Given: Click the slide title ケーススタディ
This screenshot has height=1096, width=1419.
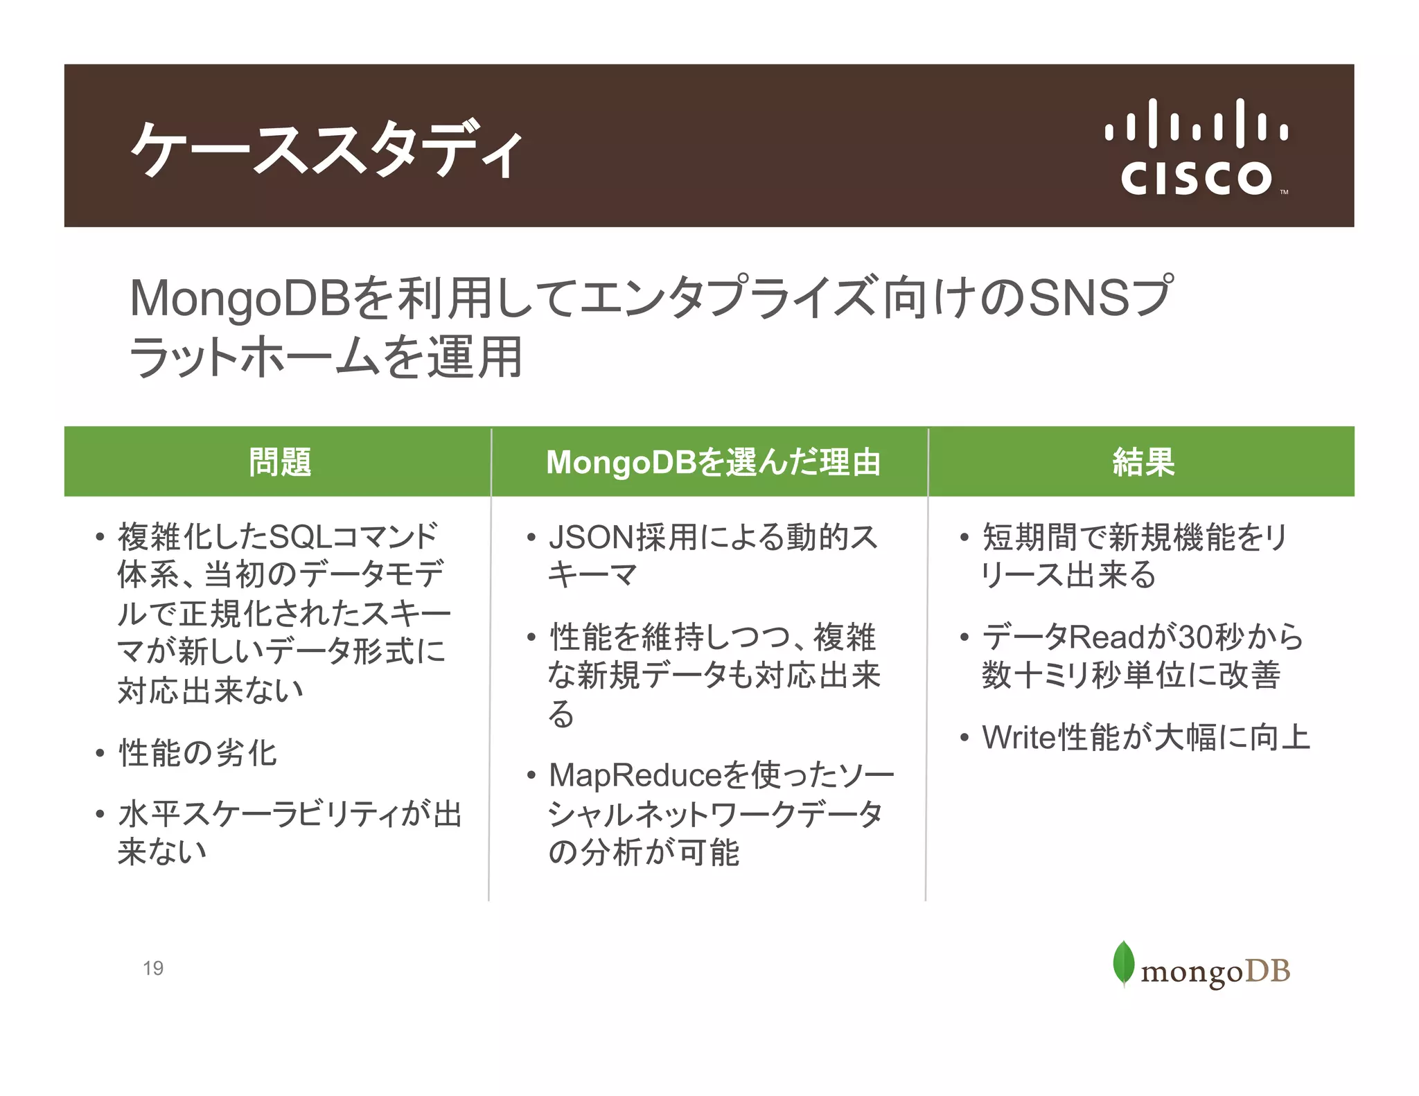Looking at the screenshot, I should pyautogui.click(x=326, y=148).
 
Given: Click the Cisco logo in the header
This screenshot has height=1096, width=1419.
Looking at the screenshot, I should pyautogui.click(x=1197, y=147).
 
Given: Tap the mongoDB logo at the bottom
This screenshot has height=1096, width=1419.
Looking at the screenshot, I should pyautogui.click(x=1201, y=965).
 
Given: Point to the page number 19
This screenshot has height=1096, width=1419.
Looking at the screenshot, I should pyautogui.click(x=153, y=968).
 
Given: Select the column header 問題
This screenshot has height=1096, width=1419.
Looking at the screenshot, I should pyautogui.click(x=280, y=462).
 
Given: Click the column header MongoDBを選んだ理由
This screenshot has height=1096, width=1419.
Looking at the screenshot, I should pyautogui.click(x=713, y=462).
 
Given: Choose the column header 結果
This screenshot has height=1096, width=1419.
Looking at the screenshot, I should pyautogui.click(x=1143, y=462).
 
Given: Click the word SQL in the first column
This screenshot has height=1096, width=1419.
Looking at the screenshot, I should pyautogui.click(x=299, y=536).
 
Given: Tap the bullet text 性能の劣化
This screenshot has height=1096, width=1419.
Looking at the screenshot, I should pyautogui.click(x=197, y=753).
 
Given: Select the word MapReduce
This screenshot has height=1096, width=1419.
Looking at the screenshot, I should pyautogui.click(x=635, y=775).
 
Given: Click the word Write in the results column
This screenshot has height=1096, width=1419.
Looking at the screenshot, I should pyautogui.click(x=1019, y=737).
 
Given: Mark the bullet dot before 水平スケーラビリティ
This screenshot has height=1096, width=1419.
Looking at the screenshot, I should pyautogui.click(x=100, y=814).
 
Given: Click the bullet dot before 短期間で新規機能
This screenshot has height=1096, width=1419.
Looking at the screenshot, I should pyautogui.click(x=964, y=538).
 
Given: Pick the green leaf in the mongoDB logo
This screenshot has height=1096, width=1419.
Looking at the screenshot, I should pyautogui.click(x=1123, y=962).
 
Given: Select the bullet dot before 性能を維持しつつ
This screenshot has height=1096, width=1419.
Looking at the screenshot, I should pyautogui.click(x=531, y=637).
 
